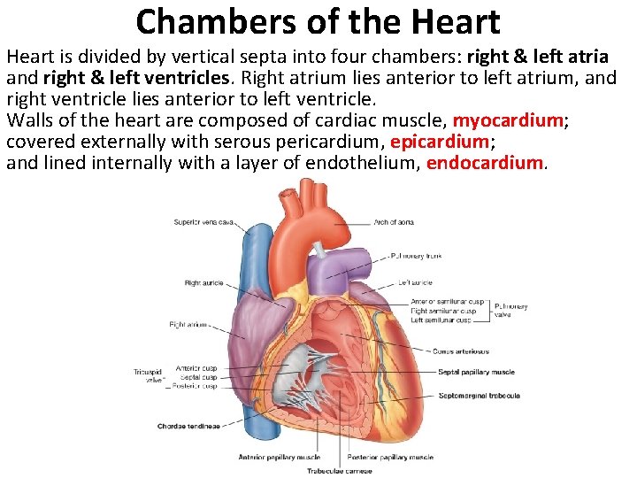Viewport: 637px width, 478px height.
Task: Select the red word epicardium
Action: (439, 142)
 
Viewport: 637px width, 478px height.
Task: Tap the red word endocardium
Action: (485, 163)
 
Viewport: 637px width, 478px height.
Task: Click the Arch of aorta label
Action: (393, 222)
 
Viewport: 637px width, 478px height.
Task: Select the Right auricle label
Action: (203, 283)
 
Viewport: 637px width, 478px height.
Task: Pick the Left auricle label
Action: (415, 283)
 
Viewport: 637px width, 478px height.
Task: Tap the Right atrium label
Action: (188, 325)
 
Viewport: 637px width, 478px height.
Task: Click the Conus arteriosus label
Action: (461, 351)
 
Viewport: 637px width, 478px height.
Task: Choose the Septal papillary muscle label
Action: (476, 373)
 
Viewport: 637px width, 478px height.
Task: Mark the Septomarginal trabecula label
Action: (479, 396)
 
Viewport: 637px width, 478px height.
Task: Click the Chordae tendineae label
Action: (188, 426)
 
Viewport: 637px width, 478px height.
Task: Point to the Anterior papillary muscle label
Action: (279, 458)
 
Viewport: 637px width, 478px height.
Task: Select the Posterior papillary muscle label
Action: (390, 458)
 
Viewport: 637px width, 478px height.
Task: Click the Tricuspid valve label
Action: (146, 376)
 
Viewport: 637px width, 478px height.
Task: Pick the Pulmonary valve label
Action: (510, 311)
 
